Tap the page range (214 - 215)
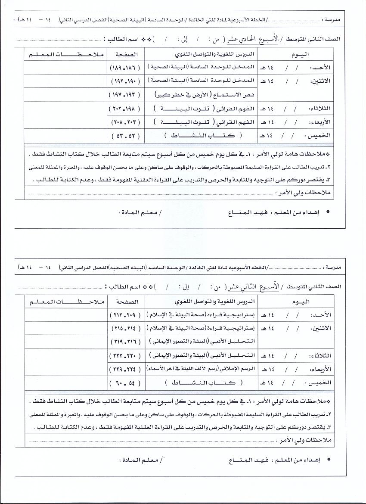coord(126,328)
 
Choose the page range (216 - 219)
coord(126,341)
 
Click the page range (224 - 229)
coord(126,369)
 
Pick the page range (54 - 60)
coord(126,383)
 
